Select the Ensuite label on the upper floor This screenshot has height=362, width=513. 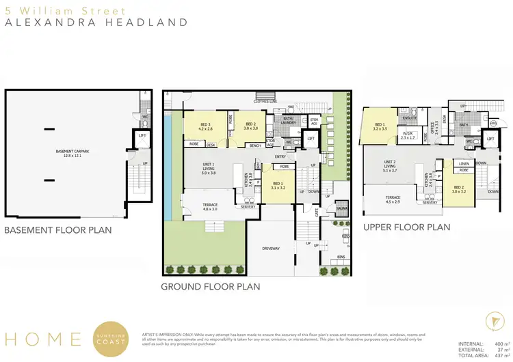click(410, 117)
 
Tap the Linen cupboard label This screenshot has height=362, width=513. click(464, 164)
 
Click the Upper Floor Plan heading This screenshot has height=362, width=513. click(406, 227)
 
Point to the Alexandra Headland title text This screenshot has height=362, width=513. click(96, 23)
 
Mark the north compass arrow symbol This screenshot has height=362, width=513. click(487, 321)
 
